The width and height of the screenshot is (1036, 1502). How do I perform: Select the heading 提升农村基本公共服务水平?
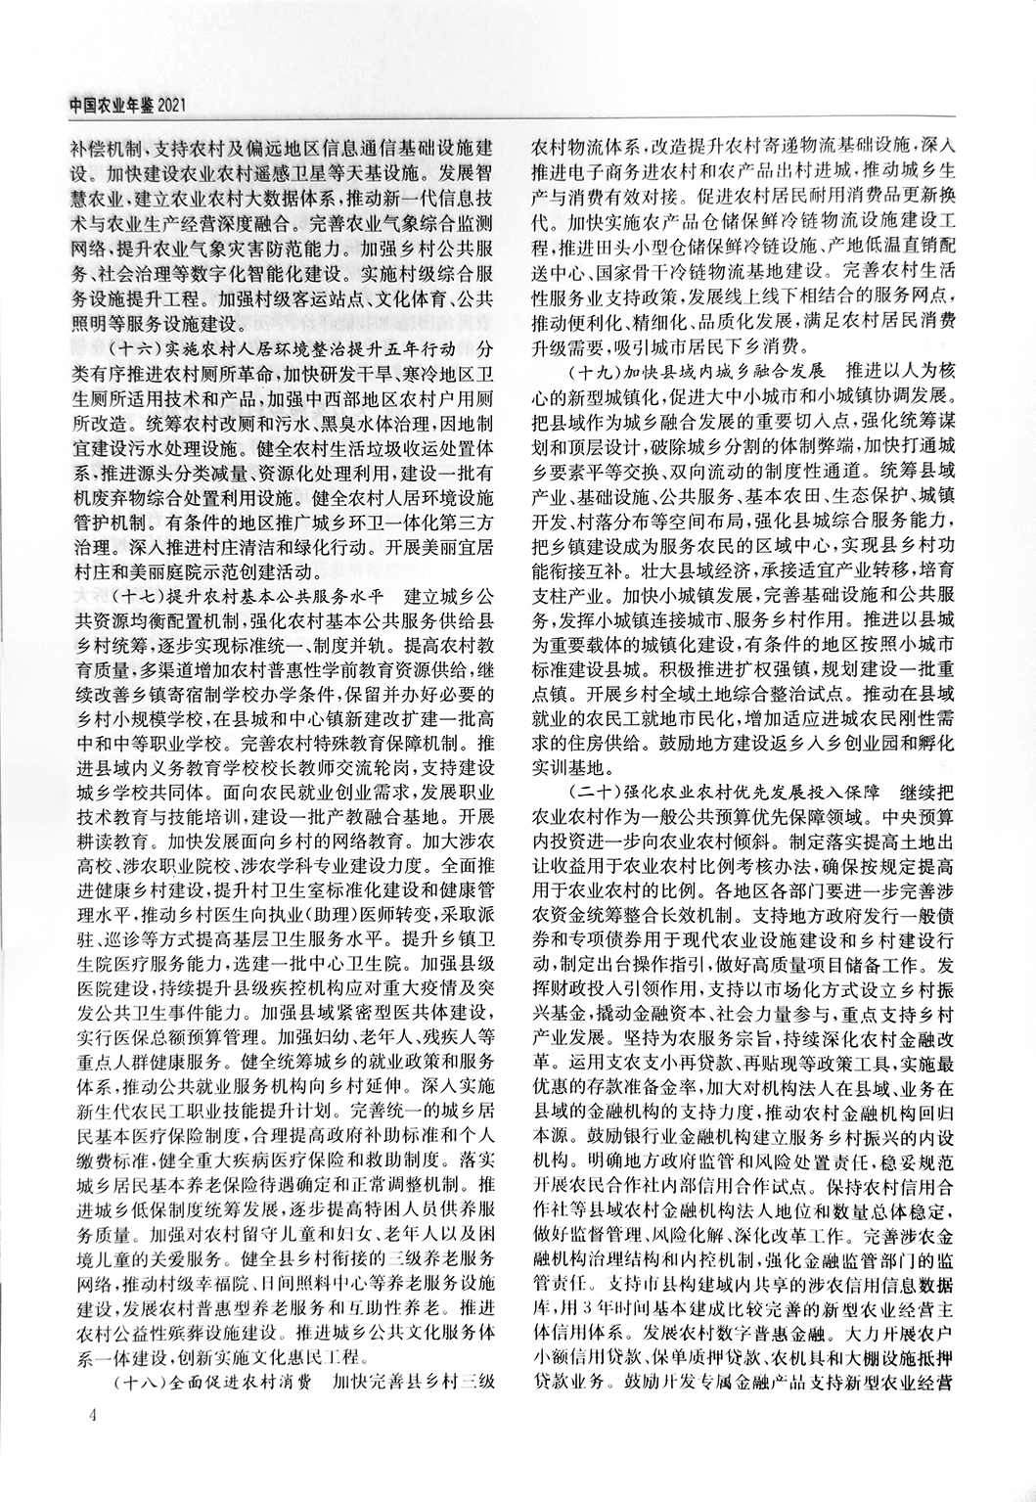pos(260,596)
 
